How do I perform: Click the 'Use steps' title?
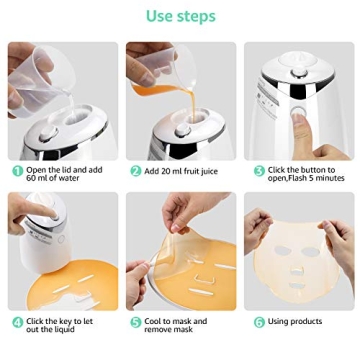(x=180, y=15)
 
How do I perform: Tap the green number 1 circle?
(x=17, y=171)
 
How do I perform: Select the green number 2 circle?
(x=135, y=171)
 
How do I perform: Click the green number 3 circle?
(x=258, y=171)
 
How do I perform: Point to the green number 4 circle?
(x=17, y=323)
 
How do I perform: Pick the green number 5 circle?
(x=135, y=323)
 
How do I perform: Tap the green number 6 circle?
(x=258, y=322)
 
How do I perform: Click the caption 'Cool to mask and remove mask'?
(x=175, y=327)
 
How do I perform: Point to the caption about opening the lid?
(x=65, y=175)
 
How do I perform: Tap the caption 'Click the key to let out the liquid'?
(x=60, y=327)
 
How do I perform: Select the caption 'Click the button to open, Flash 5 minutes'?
(x=305, y=175)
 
